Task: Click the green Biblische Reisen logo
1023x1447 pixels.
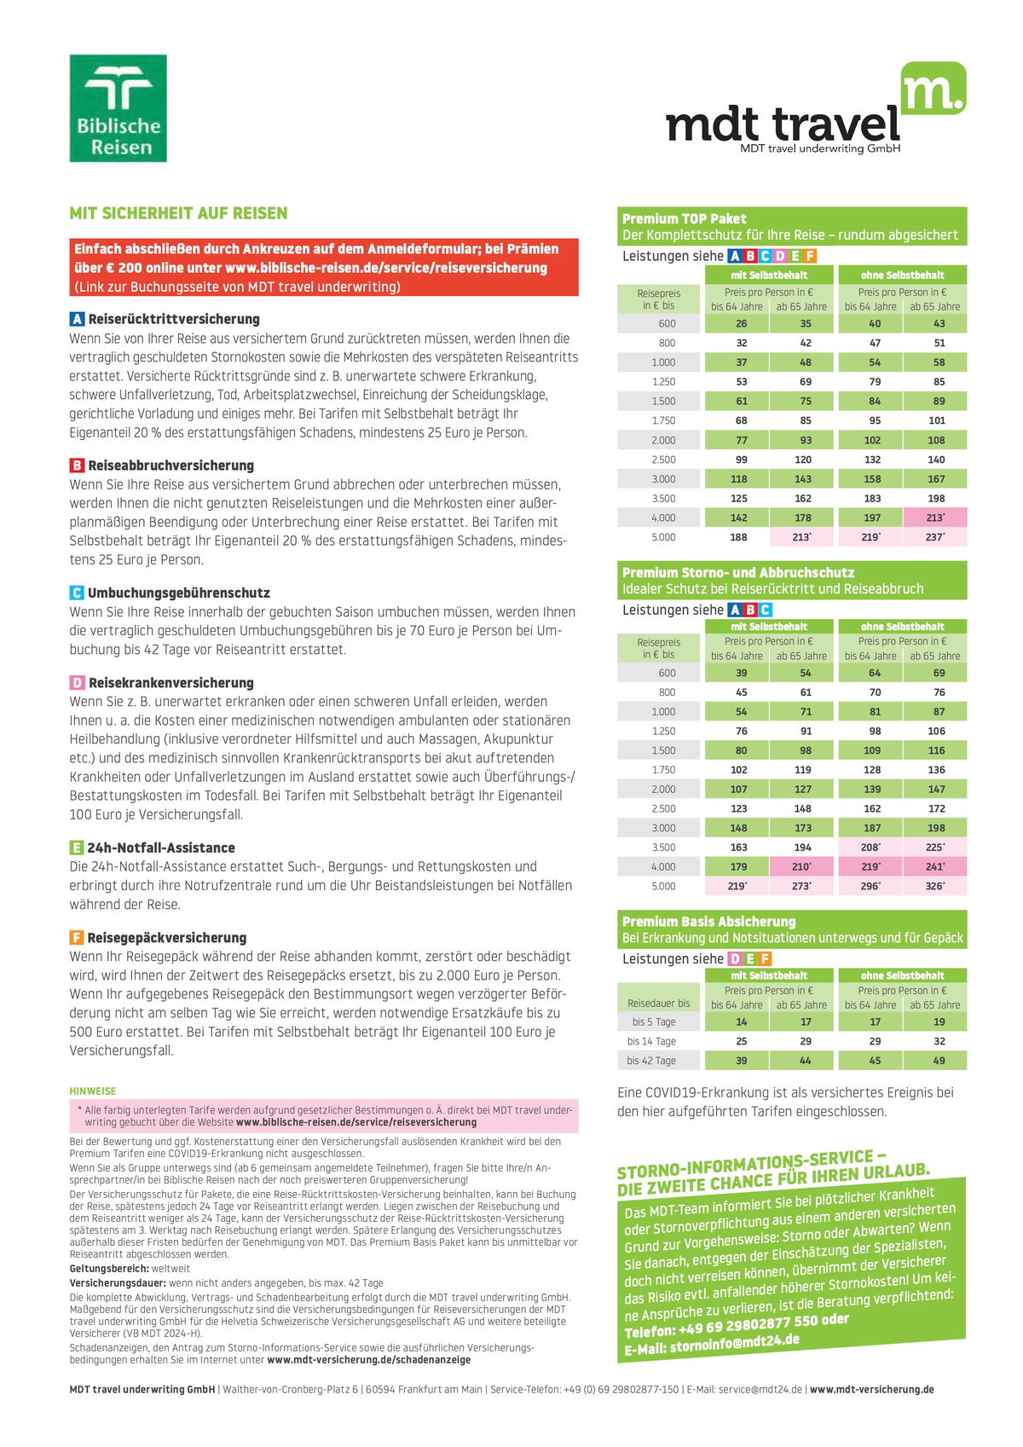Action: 118,108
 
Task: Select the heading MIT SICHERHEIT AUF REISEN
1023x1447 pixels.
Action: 178,213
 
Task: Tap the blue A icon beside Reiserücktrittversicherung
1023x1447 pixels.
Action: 77,319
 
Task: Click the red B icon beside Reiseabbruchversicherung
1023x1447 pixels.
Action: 77,466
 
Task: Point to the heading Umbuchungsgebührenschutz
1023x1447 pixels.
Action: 178,593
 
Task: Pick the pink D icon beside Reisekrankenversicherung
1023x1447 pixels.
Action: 77,683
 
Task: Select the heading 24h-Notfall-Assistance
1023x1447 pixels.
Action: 160,848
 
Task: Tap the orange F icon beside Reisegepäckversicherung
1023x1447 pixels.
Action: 77,938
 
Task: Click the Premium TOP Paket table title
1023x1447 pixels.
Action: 684,218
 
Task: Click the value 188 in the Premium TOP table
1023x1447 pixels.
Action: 738,537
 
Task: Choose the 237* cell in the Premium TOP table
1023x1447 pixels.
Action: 935,537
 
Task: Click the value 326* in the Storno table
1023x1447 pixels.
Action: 935,886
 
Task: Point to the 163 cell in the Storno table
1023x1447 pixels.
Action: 738,848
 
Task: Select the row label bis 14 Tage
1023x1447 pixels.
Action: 651,1041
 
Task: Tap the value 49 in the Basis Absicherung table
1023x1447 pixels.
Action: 939,1061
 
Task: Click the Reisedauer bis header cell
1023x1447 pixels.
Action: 658,1004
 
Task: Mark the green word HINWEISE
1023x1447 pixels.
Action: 92,1091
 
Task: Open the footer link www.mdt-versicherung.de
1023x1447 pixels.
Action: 871,1389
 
